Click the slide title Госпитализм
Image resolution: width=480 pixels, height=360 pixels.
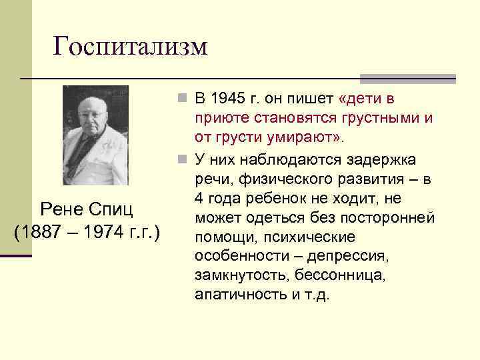[131, 46]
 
